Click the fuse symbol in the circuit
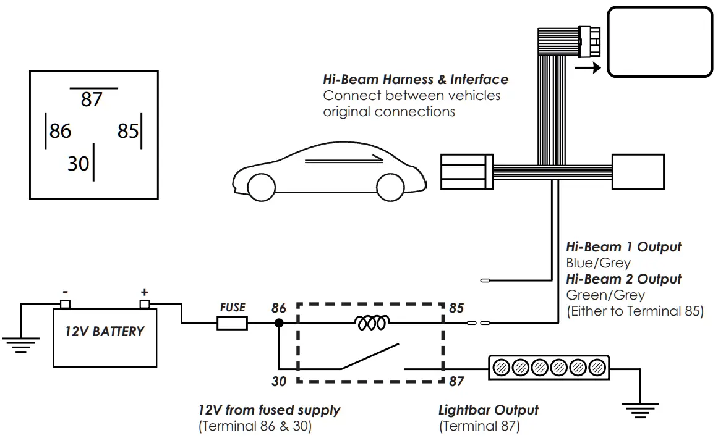pos(233,322)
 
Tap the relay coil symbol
pos(371,322)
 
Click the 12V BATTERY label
pos(105,331)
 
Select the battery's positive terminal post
pos(145,303)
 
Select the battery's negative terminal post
pos(65,303)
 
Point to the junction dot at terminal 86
pos(279,322)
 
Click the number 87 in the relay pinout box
pos(91,99)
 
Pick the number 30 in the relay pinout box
pos(79,164)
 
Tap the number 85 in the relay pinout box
pos(127,131)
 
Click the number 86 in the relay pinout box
pos(60,131)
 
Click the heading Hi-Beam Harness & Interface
pos(416,80)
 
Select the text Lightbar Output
pos(489,410)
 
